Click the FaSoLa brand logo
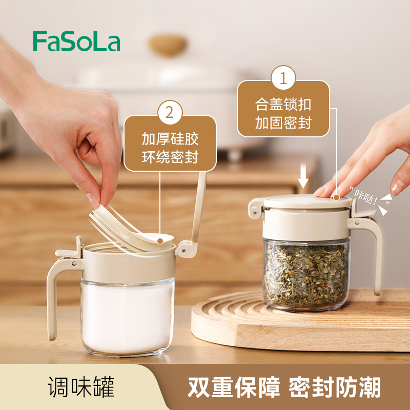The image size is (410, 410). (76, 41)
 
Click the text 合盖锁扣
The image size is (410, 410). (283, 105)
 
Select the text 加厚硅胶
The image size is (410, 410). (170, 139)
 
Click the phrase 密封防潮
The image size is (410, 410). (335, 387)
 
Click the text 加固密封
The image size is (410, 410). (283, 122)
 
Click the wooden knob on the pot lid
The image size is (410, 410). (168, 45)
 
